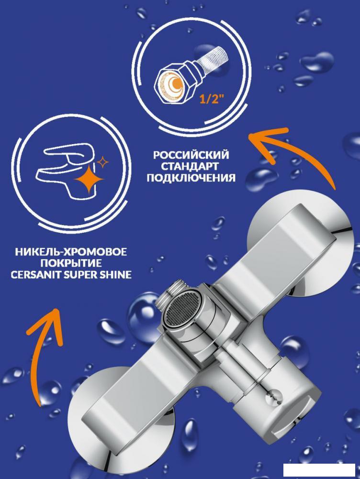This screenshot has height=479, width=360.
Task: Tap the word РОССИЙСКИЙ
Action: coord(191,156)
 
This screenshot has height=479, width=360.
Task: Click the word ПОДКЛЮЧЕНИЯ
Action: coord(191,178)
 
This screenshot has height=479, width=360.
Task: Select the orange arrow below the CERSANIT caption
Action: coord(38,345)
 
